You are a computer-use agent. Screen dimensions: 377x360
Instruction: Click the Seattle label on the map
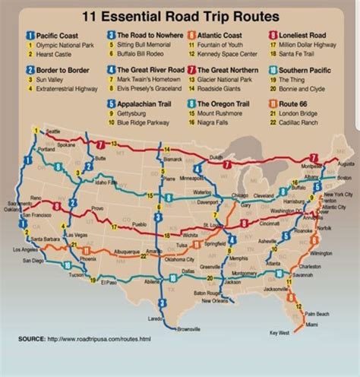pos(52,132)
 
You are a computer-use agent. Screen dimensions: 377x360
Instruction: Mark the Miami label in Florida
pos(311,325)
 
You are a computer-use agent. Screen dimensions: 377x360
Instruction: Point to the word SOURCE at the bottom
pos(31,358)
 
